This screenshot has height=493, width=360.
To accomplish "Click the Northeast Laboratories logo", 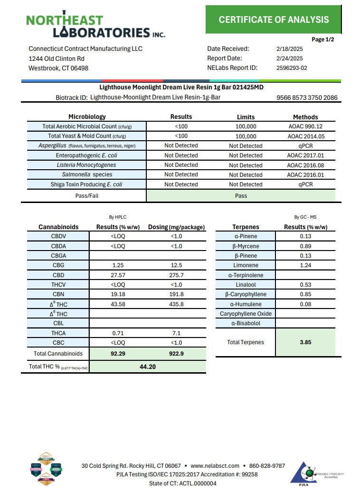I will coord(95,25).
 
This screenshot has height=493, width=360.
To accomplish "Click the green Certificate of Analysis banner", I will coord(274,19).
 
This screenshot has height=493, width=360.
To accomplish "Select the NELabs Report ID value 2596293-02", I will coord(292,68).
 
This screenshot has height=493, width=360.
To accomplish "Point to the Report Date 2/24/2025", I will coord(289,58).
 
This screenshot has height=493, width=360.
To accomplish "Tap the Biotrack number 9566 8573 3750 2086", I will coord(307,97).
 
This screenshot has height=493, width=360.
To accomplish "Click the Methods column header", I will coord(305,117).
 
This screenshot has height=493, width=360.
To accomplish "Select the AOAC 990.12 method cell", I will coord(305,126).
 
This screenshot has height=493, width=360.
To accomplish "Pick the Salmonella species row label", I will coord(87,174).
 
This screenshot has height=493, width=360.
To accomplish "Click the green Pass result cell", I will coord(241,195).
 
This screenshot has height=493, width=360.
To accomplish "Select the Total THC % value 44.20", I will coord(148,367).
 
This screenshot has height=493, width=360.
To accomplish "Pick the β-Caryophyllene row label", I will coord(246,294).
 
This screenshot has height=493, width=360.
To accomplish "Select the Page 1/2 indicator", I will coord(322,39).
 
